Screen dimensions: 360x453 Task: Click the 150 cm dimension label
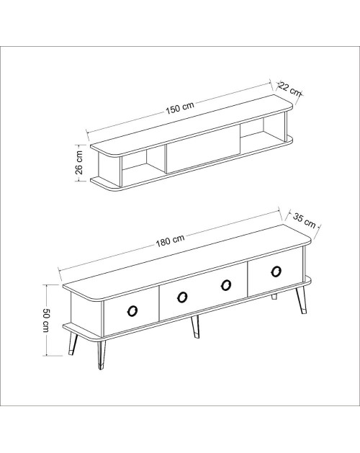(180, 107)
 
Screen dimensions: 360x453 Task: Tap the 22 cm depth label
(289, 89)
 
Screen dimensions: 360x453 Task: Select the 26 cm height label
(79, 162)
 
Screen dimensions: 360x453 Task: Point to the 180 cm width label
(170, 241)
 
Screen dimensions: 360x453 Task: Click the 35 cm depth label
(305, 220)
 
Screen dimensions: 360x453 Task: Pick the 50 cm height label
(46, 320)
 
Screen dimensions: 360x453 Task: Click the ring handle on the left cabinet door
(132, 311)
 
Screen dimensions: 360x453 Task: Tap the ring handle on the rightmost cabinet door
(276, 272)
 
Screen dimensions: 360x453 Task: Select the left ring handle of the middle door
(182, 297)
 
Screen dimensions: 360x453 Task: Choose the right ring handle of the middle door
(225, 285)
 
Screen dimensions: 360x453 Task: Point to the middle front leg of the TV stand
(195, 327)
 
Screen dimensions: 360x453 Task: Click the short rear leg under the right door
(274, 297)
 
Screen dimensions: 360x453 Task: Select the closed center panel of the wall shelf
(203, 149)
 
